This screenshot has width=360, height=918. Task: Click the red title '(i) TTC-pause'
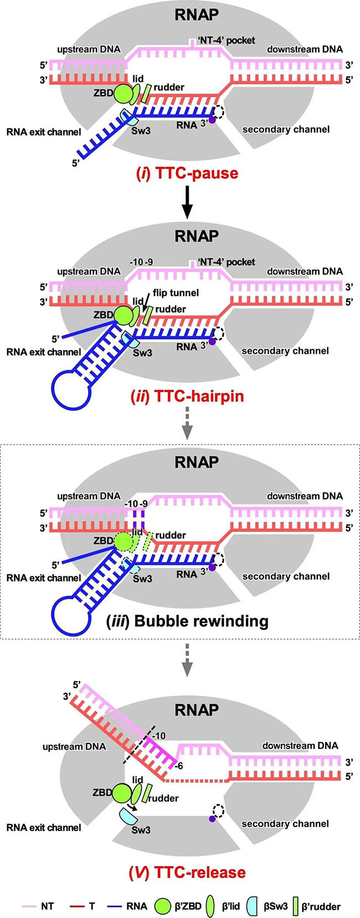coord(187,173)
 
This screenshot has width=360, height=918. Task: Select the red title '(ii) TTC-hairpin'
coord(187,396)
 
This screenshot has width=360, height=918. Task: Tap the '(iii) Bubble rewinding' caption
coord(187,620)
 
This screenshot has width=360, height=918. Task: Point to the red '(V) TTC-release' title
coord(187,873)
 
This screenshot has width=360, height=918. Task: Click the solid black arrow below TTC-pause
coord(188,202)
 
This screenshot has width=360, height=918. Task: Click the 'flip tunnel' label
coord(176,293)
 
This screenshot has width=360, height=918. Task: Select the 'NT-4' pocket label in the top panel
coord(227,40)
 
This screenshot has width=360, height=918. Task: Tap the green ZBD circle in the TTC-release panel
coord(121,793)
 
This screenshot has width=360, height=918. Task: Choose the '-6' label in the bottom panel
coord(178,766)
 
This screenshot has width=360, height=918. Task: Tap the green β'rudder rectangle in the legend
coord(296,906)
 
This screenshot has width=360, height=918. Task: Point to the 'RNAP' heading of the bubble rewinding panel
coord(197,462)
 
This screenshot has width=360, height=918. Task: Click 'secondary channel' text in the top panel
coord(286,129)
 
